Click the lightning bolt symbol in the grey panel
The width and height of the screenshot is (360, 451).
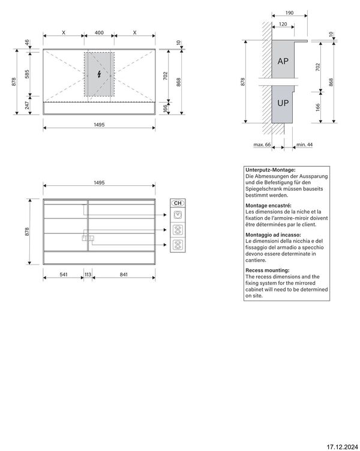[x=99, y=74]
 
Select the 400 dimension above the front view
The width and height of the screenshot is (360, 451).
[x=99, y=32]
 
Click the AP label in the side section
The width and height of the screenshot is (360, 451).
[x=283, y=62]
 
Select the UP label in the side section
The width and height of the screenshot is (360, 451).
[x=283, y=103]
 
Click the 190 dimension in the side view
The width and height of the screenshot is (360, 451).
[x=289, y=12]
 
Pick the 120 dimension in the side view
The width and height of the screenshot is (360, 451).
[x=283, y=25]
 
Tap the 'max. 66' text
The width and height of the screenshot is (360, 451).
[x=262, y=145]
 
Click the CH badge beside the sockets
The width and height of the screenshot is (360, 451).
[x=178, y=203]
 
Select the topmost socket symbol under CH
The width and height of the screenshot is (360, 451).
[x=178, y=214]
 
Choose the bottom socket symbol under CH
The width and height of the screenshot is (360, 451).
[x=178, y=243]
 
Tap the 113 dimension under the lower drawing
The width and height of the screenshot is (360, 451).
[x=88, y=274]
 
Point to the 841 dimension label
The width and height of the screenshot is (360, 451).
[x=124, y=274]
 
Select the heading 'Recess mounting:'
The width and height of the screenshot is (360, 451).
[x=266, y=270]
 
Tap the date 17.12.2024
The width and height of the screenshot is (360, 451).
[x=341, y=445]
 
